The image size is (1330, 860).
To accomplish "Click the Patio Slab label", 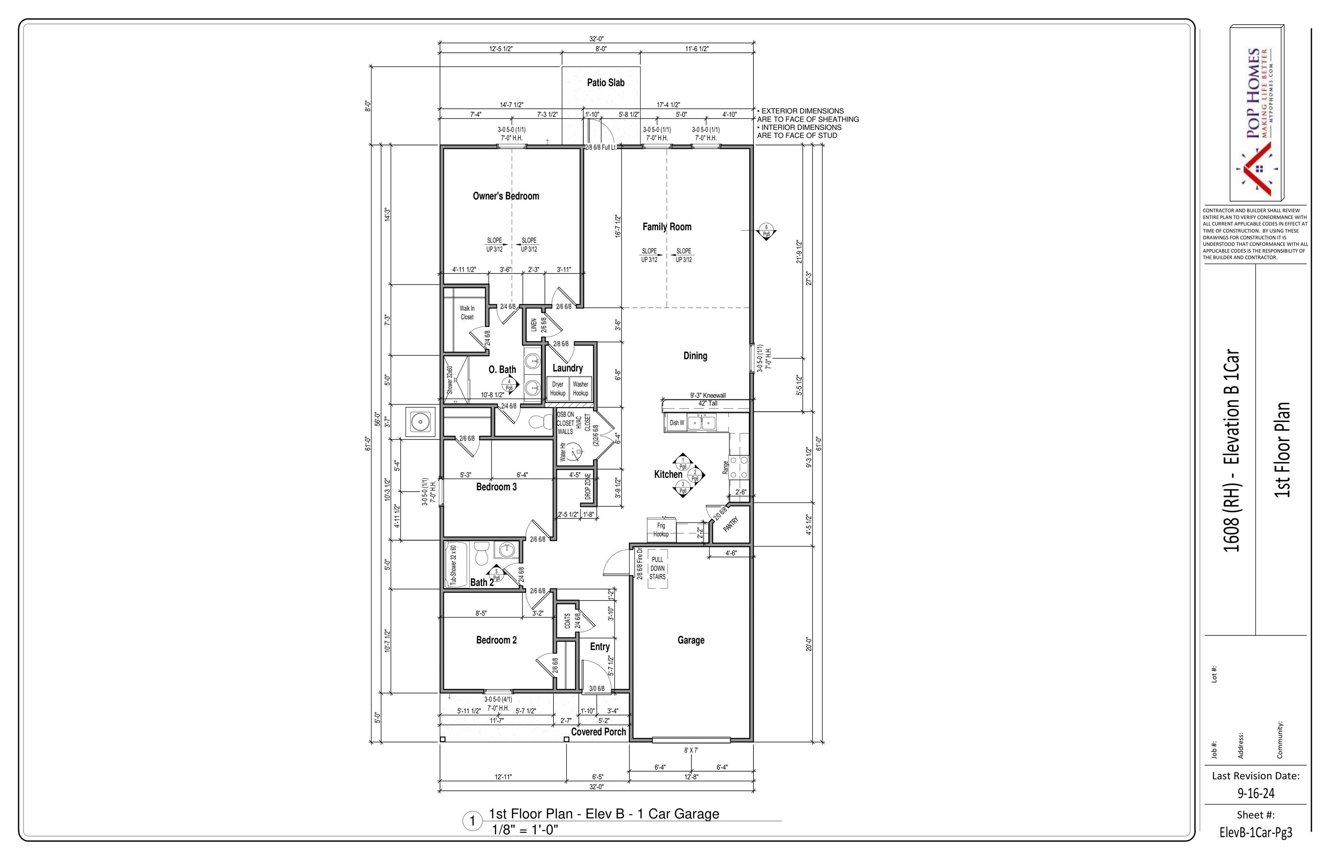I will pyautogui.click(x=606, y=83).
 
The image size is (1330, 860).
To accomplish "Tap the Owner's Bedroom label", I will pyautogui.click(x=506, y=196).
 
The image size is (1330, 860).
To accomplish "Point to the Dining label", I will pyautogui.click(x=695, y=356).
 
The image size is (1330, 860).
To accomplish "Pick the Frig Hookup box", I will pyautogui.click(x=661, y=529).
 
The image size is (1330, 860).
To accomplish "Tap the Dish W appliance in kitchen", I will pyautogui.click(x=676, y=423).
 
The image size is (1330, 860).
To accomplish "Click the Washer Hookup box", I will pyautogui.click(x=581, y=389).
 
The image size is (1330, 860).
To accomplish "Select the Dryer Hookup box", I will pyautogui.click(x=558, y=389).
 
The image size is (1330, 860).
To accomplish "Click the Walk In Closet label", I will pyautogui.click(x=467, y=313).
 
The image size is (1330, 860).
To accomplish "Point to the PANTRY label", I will pyautogui.click(x=731, y=525).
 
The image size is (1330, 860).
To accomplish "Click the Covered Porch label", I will pyautogui.click(x=598, y=731).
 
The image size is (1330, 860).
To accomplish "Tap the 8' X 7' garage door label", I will pyautogui.click(x=691, y=750).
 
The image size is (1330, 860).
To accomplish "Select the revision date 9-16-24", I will pyautogui.click(x=1255, y=793).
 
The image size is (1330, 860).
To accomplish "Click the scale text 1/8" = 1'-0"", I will pyautogui.click(x=525, y=830).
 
